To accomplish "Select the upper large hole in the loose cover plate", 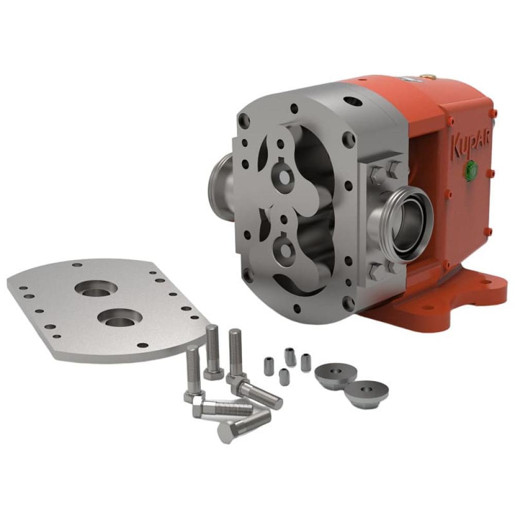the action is (x=96, y=289).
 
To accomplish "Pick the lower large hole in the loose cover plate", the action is (x=120, y=318).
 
